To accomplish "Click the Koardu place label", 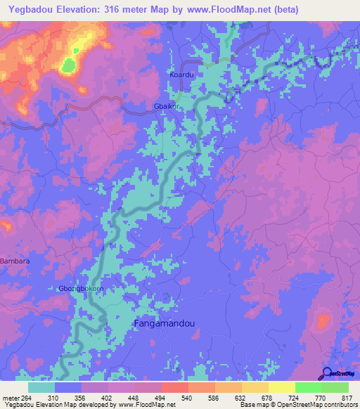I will point(181,74).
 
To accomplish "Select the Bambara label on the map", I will point(15,261).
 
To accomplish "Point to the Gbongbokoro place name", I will point(80,289).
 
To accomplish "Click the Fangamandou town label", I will point(163,323).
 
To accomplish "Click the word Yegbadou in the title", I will point(30,9).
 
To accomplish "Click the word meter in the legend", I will point(8,398).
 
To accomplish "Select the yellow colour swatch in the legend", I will point(282,387).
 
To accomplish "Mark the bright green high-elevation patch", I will point(68,66).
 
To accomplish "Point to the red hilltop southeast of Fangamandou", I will point(323,322).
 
